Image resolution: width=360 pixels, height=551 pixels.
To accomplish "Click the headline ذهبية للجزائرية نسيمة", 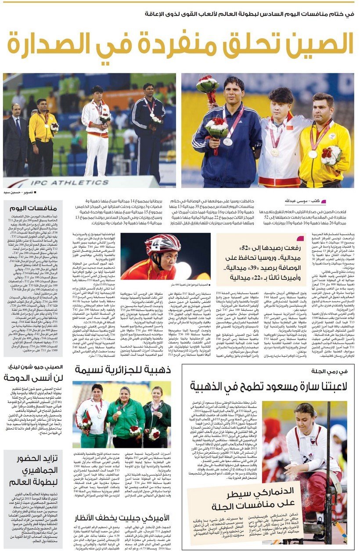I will (123, 369).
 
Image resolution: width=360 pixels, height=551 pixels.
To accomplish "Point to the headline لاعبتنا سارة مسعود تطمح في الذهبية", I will (269, 386).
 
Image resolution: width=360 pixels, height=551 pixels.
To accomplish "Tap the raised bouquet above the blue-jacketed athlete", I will (208, 85).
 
